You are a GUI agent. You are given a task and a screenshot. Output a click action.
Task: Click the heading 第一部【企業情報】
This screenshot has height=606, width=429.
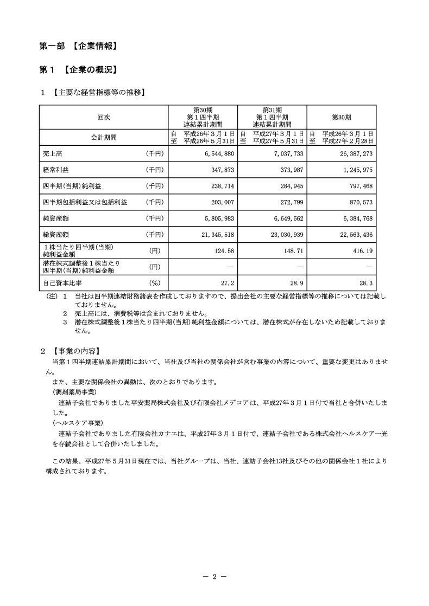click(78, 47)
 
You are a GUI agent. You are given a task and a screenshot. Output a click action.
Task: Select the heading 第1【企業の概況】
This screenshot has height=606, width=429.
click(78, 70)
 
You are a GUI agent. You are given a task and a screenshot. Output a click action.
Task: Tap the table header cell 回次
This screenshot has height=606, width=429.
click(103, 117)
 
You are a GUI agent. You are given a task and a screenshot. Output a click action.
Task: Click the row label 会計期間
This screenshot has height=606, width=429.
click(103, 137)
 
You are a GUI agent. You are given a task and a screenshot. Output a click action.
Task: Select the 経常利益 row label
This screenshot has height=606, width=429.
click(56, 170)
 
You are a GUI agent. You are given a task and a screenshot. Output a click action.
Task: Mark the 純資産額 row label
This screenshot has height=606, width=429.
click(56, 218)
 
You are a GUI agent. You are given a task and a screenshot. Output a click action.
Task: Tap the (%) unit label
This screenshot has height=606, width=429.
click(155, 283)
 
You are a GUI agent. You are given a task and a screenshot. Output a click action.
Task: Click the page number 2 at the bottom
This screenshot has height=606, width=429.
click(214, 577)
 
